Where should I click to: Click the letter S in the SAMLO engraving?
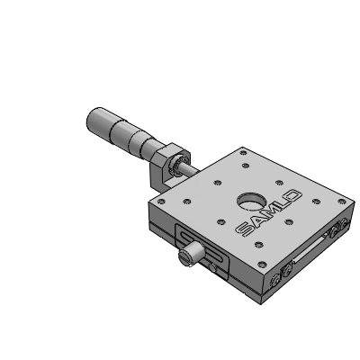point(245,229)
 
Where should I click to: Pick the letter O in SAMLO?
point(292,197)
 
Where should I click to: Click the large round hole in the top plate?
point(251,201)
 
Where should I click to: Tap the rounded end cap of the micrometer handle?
point(94,118)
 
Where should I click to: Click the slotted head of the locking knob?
point(185,257)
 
